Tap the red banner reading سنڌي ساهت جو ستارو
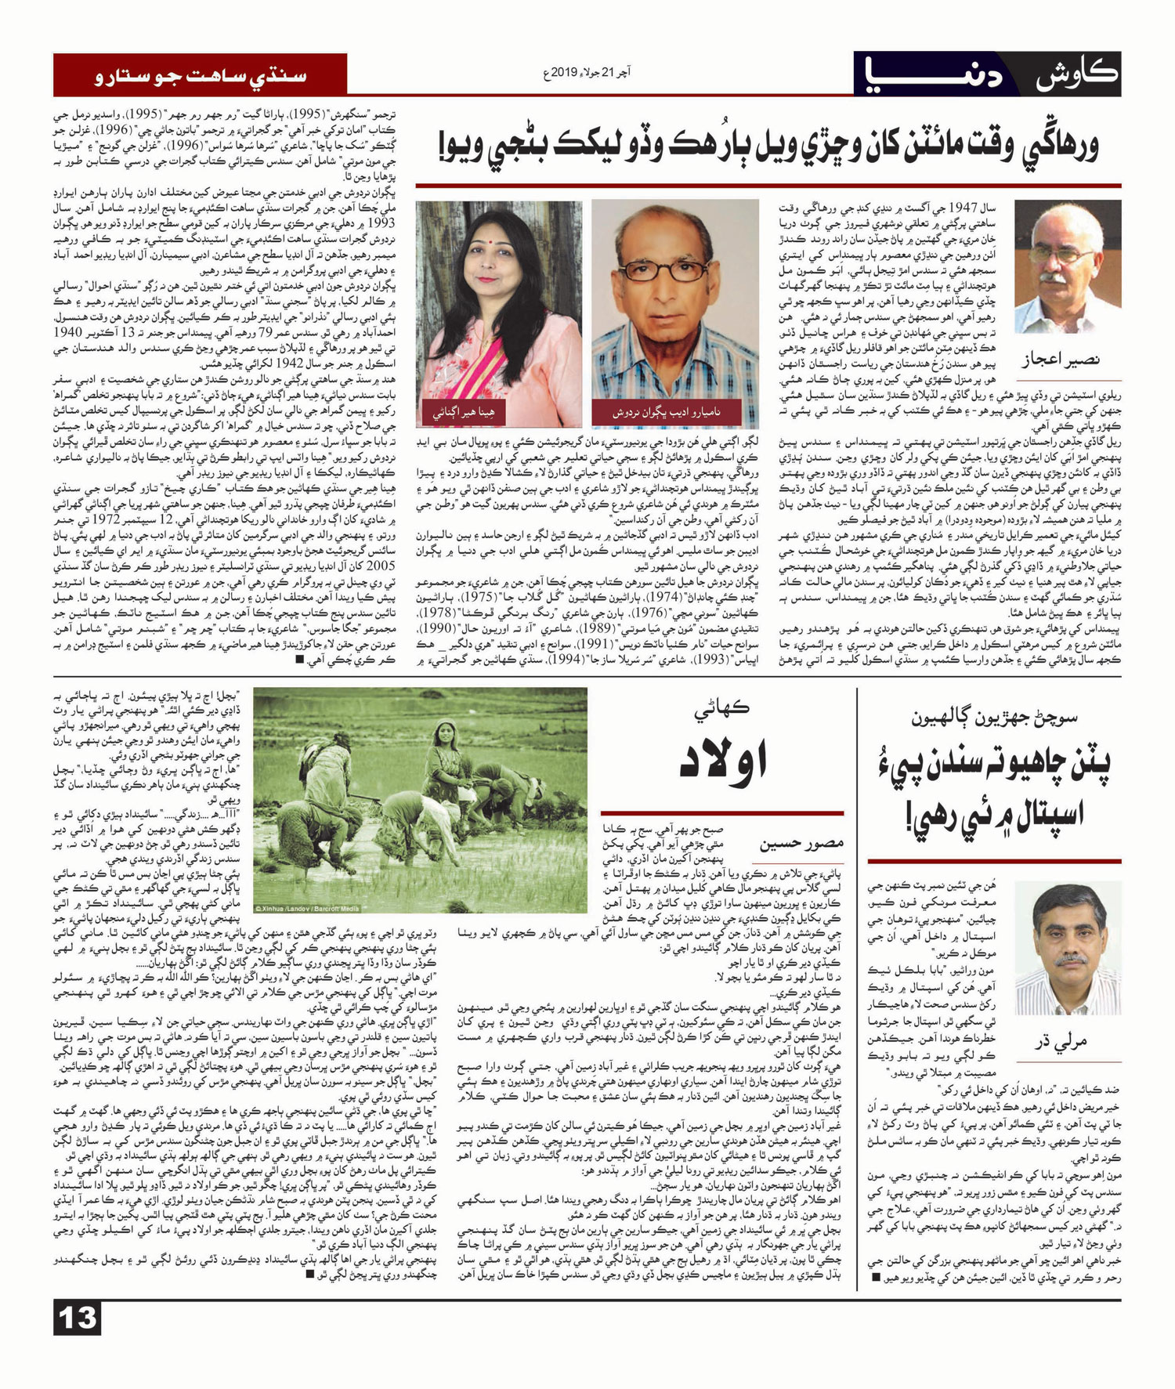(200, 75)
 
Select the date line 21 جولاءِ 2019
(587, 74)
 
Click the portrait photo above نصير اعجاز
(1067, 266)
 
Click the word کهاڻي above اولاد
(722, 708)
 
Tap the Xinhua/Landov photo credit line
(307, 908)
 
